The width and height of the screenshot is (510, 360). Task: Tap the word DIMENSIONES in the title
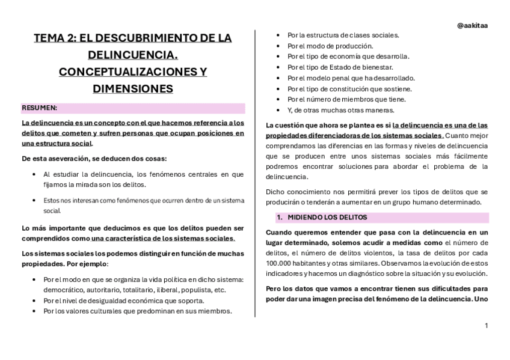click(x=133, y=89)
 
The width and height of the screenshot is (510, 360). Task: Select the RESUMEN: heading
click(x=40, y=108)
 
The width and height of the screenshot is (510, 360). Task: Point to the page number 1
click(x=486, y=325)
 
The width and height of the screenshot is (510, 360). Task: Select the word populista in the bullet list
click(x=191, y=290)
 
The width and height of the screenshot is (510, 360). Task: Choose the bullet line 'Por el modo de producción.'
click(x=330, y=46)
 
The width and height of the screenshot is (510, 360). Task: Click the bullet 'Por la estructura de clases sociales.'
click(x=343, y=35)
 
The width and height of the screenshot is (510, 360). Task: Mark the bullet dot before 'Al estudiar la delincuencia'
click(x=34, y=174)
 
